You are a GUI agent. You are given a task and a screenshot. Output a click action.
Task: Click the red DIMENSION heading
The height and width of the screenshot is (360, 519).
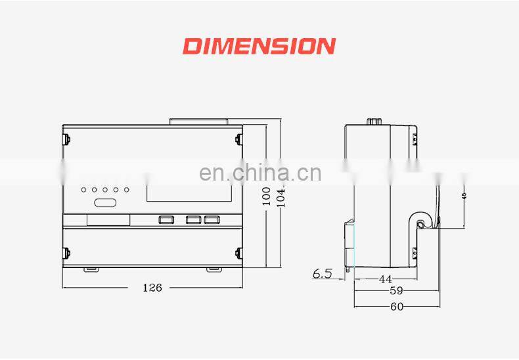click(259, 46)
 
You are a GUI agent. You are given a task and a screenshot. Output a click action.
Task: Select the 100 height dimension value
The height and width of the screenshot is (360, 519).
click(266, 196)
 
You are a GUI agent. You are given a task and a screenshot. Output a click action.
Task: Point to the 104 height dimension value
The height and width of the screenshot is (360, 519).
click(281, 196)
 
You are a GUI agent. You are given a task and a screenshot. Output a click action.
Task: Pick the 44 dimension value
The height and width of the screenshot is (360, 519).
click(386, 279)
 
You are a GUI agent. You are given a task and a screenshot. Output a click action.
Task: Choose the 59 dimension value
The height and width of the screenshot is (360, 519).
click(395, 290)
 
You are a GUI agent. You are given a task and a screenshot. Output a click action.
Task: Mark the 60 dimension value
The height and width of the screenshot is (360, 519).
click(397, 306)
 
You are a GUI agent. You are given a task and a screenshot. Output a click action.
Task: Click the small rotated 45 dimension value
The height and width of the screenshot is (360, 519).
click(464, 195)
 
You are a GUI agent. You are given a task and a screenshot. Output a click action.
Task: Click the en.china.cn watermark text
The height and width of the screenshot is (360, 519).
click(259, 175)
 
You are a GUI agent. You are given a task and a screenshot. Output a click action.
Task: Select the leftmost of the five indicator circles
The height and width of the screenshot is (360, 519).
click(83, 190)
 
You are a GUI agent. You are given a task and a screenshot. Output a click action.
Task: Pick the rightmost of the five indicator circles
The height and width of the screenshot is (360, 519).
click(125, 190)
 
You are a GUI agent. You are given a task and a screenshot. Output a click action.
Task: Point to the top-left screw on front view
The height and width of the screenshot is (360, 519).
click(67, 139)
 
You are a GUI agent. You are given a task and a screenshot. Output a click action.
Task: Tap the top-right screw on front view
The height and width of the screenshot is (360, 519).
click(238, 139)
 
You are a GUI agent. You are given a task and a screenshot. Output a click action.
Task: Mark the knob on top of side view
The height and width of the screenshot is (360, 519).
click(374, 122)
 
